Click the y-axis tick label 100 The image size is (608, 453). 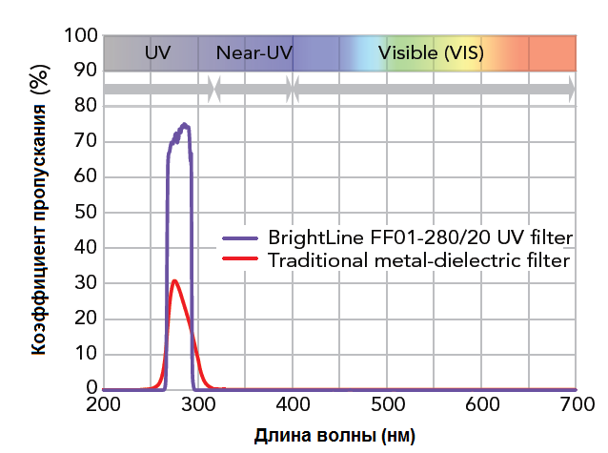(81, 36)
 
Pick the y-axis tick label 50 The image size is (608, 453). (86, 213)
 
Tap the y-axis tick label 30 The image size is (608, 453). (86, 283)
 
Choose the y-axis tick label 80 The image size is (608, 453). (86, 107)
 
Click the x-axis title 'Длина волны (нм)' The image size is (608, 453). (334, 438)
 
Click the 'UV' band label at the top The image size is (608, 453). (157, 52)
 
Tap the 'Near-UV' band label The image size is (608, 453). (254, 52)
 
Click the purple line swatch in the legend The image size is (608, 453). (241, 237)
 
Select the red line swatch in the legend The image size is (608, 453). (241, 258)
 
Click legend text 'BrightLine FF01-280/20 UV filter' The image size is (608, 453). (419, 237)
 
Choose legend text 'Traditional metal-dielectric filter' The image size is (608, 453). (419, 258)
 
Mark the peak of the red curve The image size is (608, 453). (174, 280)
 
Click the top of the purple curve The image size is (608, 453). (184, 125)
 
